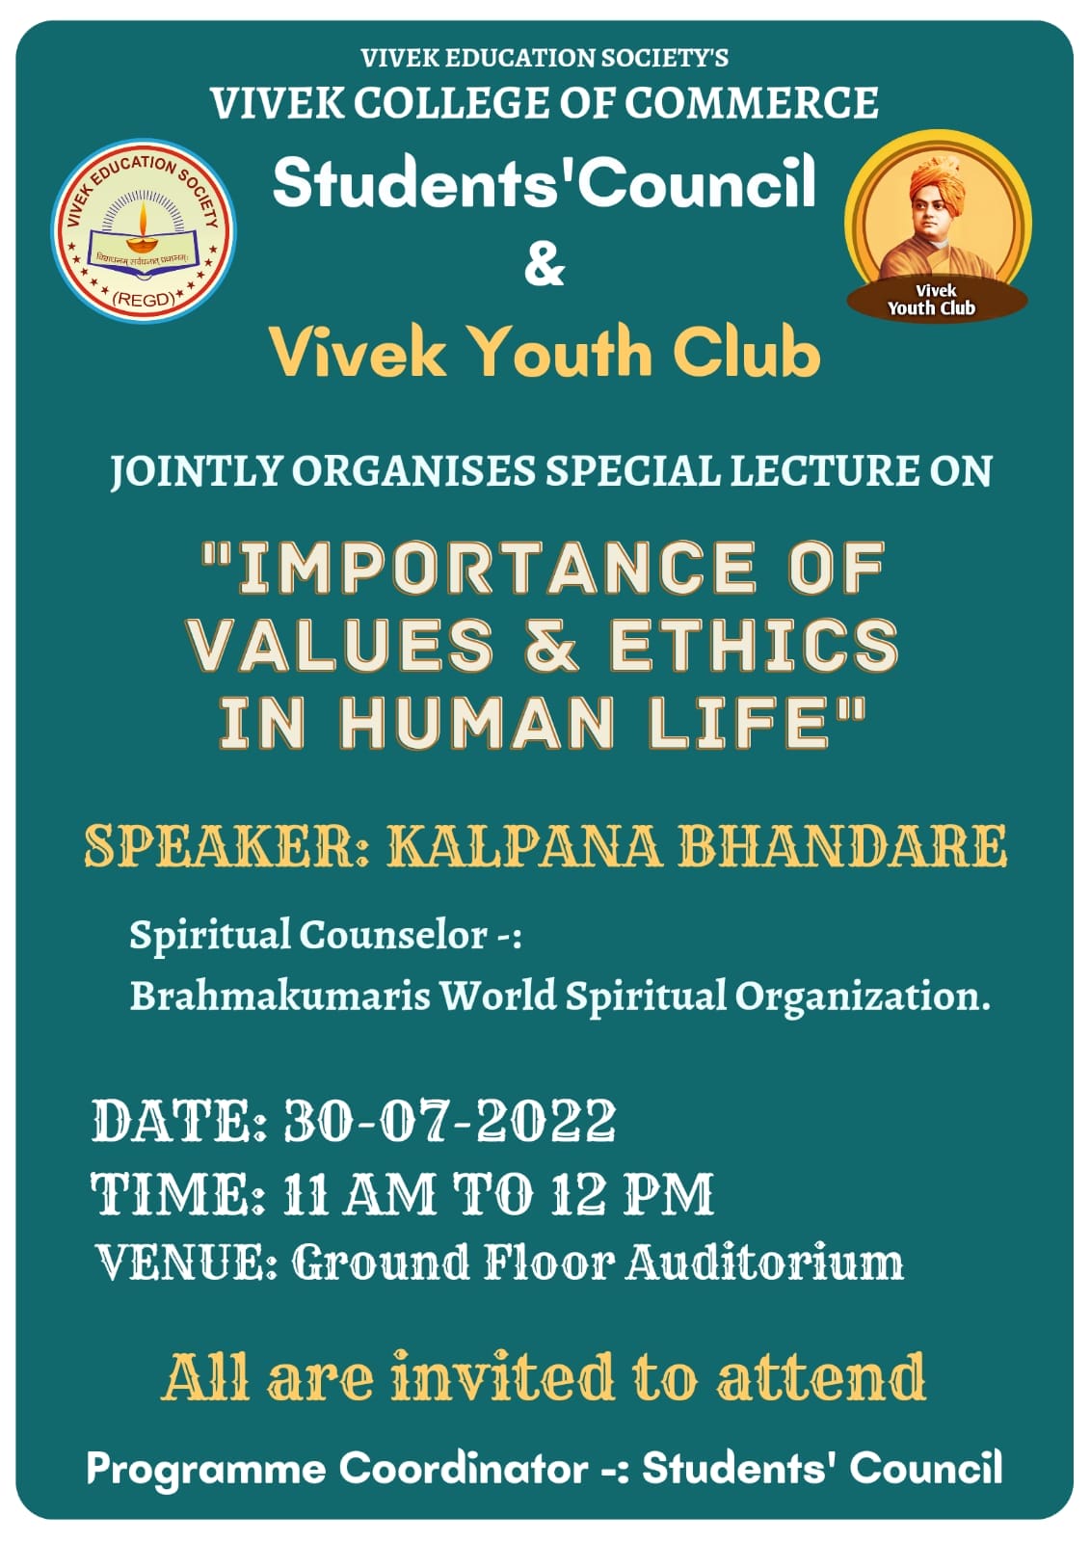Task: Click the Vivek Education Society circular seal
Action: pyautogui.click(x=144, y=231)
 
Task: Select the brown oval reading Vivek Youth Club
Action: pyautogui.click(x=937, y=301)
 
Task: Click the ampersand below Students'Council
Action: pyautogui.click(x=544, y=266)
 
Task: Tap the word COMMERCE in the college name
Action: pyautogui.click(x=751, y=103)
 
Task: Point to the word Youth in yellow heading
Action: pyautogui.click(x=565, y=353)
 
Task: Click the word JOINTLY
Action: pyautogui.click(x=197, y=471)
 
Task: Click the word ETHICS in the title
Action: pyautogui.click(x=754, y=645)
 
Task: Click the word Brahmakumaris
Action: pyautogui.click(x=280, y=996)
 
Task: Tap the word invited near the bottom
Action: pyautogui.click(x=502, y=1377)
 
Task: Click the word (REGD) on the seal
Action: pyautogui.click(x=144, y=299)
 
